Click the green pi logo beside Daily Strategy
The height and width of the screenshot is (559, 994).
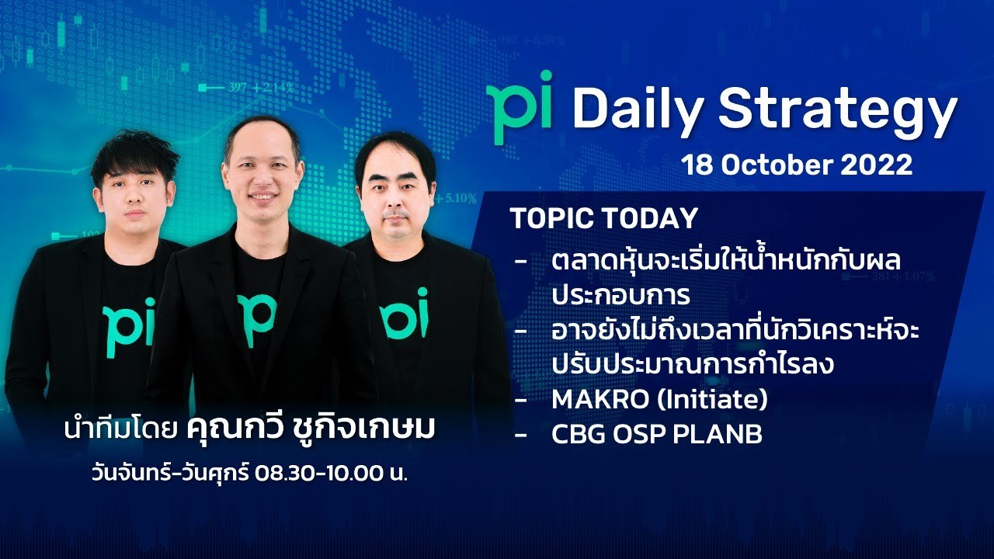[519, 108]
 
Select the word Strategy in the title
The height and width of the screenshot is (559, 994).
[837, 111]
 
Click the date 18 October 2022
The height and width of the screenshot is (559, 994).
[796, 165]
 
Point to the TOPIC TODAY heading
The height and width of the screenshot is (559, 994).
[604, 219]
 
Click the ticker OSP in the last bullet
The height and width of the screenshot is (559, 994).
[639, 435]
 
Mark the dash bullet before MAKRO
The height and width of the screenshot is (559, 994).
[520, 400]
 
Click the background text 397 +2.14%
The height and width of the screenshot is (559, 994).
[260, 88]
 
